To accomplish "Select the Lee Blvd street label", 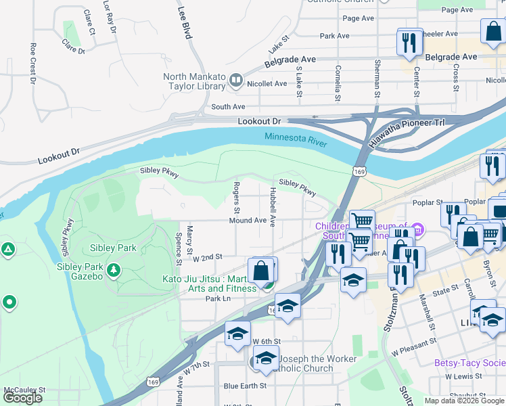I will [x=183, y=23].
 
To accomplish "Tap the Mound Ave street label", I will [x=248, y=221].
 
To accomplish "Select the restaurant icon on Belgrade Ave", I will [x=408, y=43].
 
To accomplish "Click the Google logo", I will [x=22, y=398].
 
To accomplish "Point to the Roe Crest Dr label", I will [x=32, y=64].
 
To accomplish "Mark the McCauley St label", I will [x=24, y=390].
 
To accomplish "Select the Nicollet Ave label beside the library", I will [x=267, y=84].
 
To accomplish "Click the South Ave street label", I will [x=228, y=107].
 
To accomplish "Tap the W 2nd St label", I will [x=208, y=258].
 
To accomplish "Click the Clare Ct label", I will [x=89, y=22].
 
